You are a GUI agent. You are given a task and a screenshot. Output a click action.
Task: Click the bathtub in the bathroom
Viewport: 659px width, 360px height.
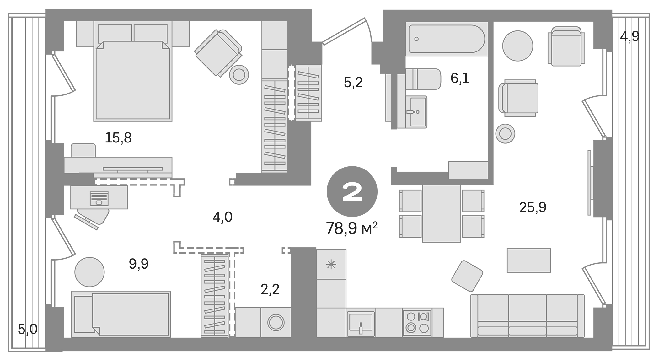click(x=446, y=39)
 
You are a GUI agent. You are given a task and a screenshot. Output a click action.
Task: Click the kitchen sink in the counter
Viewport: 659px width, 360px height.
click(x=361, y=324)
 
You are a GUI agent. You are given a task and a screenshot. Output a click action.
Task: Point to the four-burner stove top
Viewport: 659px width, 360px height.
click(x=417, y=322)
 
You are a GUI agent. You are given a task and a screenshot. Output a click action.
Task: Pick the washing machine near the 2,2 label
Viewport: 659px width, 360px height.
click(x=276, y=322)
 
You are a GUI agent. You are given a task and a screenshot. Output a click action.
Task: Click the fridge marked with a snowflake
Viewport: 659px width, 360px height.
click(x=331, y=265)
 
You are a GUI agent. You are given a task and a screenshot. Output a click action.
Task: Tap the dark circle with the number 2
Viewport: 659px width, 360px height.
click(x=352, y=191)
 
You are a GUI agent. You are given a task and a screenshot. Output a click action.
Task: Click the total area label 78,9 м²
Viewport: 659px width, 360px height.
click(x=351, y=228)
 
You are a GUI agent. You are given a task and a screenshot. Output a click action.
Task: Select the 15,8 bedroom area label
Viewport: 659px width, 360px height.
click(x=118, y=138)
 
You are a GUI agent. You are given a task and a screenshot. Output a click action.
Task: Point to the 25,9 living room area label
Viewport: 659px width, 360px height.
click(x=533, y=207)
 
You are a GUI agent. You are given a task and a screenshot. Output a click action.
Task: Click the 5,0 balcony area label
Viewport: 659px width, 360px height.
click(x=28, y=329)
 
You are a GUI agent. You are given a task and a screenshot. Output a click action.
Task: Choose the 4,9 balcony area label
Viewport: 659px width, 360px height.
click(x=630, y=37)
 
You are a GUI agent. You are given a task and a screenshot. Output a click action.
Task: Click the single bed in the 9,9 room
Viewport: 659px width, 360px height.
click(x=121, y=314)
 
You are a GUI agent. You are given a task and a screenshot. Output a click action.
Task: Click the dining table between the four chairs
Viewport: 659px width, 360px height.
click(x=441, y=213)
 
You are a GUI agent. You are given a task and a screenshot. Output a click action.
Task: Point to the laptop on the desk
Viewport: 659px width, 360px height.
click(x=99, y=199)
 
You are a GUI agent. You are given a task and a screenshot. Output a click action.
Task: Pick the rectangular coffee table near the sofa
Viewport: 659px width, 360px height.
click(x=529, y=260)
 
